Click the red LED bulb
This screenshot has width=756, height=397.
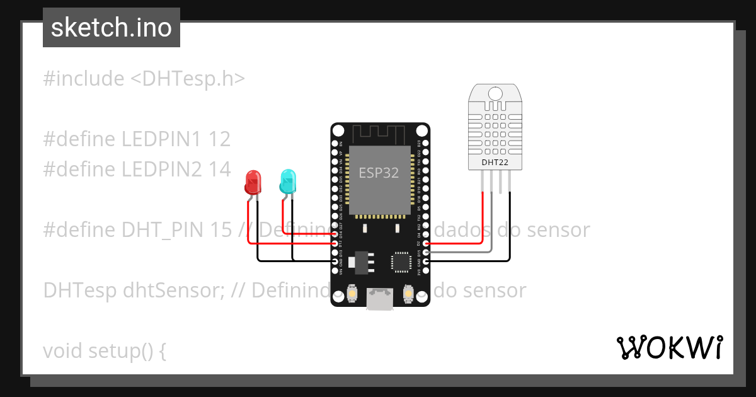[x=253, y=182]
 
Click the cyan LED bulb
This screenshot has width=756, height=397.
[x=288, y=181]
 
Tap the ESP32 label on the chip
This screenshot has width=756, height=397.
[x=379, y=173]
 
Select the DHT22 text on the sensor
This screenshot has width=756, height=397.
[x=495, y=163]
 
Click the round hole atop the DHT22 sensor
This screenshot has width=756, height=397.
[x=495, y=94]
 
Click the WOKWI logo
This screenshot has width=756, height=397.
[x=669, y=347]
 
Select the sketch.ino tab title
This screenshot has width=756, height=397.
[x=112, y=28]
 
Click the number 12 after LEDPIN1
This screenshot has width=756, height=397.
[x=219, y=139]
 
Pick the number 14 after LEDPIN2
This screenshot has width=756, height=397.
[x=220, y=169]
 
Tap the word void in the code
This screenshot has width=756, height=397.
[x=63, y=350]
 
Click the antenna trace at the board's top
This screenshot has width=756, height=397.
[x=378, y=134]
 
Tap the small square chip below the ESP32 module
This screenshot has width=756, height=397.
[x=401, y=262]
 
